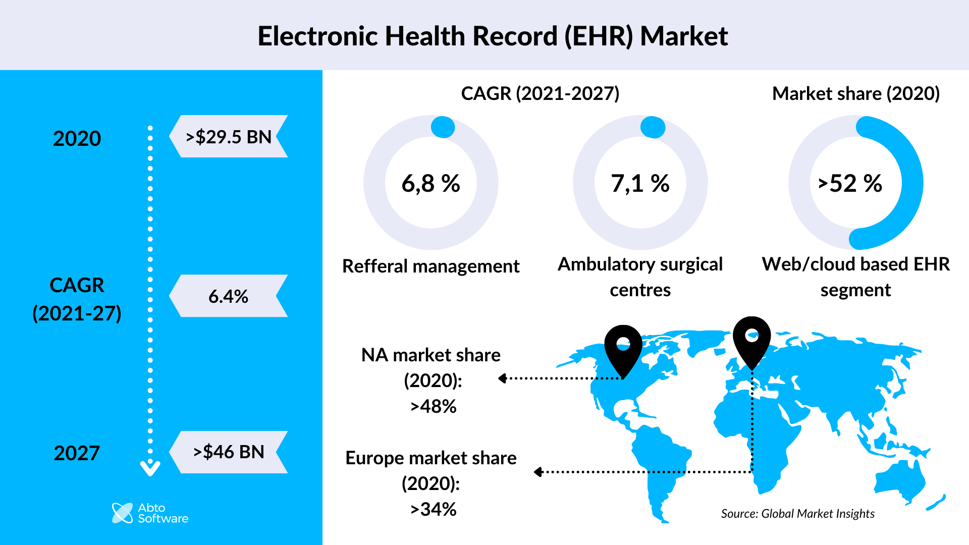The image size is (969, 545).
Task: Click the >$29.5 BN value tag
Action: click(x=229, y=137)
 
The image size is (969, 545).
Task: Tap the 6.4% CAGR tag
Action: click(x=229, y=296)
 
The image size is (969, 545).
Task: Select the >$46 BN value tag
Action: click(x=229, y=452)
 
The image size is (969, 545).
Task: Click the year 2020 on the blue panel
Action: click(x=77, y=138)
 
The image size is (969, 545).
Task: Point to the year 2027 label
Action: click(x=77, y=453)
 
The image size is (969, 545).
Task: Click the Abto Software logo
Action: click(x=150, y=513)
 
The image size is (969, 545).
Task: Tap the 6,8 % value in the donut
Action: click(x=430, y=183)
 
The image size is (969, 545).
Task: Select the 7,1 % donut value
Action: click(x=640, y=183)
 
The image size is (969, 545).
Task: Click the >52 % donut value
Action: click(x=850, y=183)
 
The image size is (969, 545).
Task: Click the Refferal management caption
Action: click(x=430, y=266)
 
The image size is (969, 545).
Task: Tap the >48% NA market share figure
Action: click(x=433, y=406)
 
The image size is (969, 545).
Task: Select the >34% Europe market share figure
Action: click(x=433, y=509)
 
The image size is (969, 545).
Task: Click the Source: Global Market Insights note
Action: click(x=797, y=514)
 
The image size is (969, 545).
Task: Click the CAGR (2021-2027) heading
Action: click(x=540, y=93)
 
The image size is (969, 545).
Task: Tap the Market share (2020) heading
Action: click(x=856, y=93)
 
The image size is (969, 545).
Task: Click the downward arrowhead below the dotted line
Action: click(x=150, y=469)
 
